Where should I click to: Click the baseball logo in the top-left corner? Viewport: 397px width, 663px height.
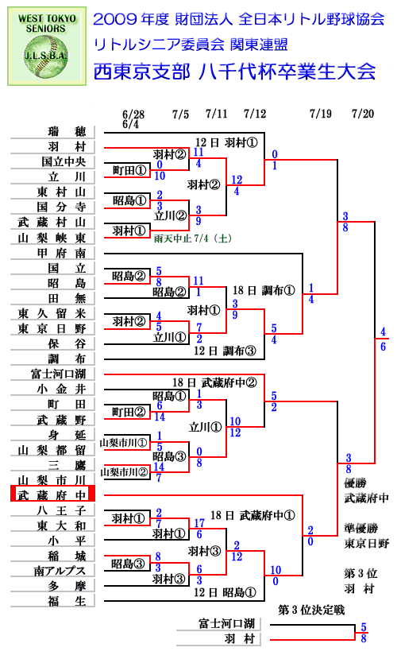[x=47, y=46]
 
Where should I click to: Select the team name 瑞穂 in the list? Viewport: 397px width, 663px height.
[x=67, y=131]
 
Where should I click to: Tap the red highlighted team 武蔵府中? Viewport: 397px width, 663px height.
[x=52, y=495]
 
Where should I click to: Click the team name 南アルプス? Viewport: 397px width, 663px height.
[x=60, y=571]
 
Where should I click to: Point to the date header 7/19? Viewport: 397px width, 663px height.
[x=321, y=114]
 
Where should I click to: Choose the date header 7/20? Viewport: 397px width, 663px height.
[x=363, y=114]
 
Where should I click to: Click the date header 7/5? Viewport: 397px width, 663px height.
[x=180, y=114]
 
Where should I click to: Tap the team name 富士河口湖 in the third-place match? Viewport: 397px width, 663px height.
[x=226, y=623]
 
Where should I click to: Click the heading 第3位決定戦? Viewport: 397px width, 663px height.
[x=311, y=610]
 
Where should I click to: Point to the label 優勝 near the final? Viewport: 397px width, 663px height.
[x=355, y=483]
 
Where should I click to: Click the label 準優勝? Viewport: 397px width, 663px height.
[x=360, y=528]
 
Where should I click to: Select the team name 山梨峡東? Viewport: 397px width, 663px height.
[x=52, y=238]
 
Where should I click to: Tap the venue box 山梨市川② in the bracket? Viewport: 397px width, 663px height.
[x=124, y=472]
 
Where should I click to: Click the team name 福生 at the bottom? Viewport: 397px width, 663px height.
[x=67, y=601]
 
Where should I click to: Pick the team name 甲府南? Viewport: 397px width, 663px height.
[x=61, y=253]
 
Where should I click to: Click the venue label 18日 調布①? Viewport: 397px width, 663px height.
[x=264, y=290]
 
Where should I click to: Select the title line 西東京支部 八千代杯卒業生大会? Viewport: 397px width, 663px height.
[x=234, y=72]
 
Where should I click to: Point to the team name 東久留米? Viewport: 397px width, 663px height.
[x=52, y=313]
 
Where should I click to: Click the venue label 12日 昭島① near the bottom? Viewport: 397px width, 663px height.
[x=225, y=592]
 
